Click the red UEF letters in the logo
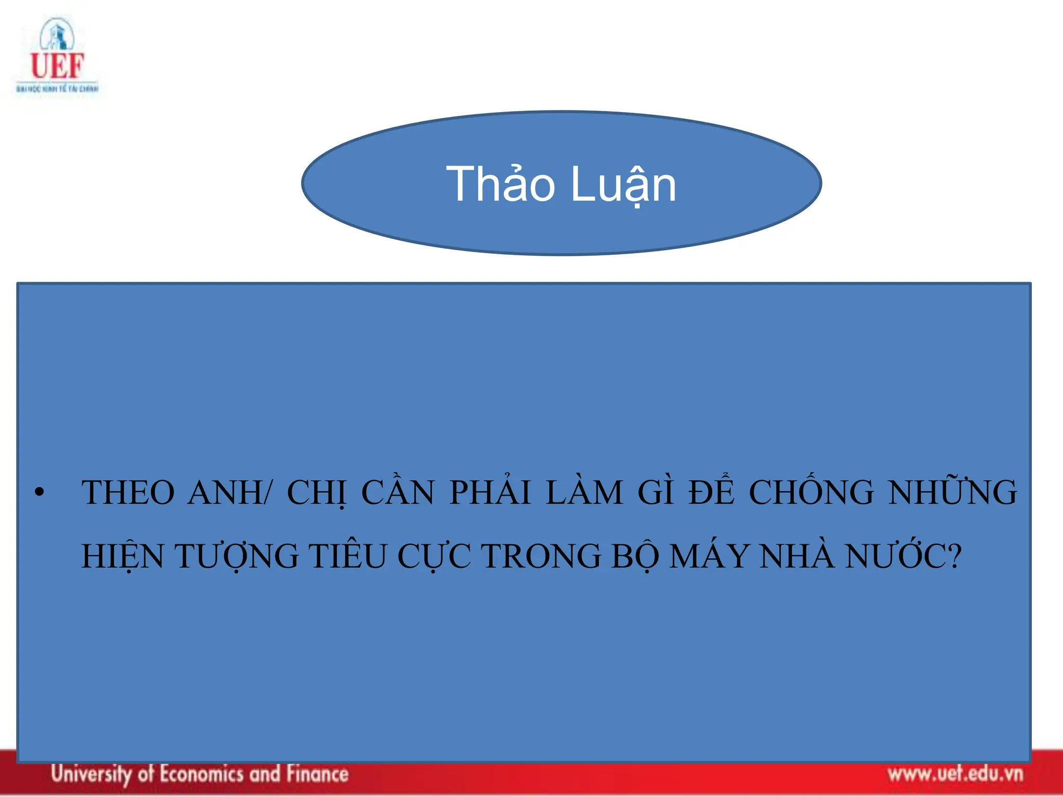coord(57,66)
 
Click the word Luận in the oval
coord(624,185)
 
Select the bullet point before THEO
coord(39,492)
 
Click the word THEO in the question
coord(128,492)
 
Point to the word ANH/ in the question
coord(229,492)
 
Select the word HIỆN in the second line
coord(122,556)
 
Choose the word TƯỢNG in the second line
coord(236,556)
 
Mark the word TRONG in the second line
coord(541,556)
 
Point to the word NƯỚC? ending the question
coord(903,556)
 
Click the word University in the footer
coord(91,774)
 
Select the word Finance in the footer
coord(318,774)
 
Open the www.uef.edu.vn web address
coord(955,774)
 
